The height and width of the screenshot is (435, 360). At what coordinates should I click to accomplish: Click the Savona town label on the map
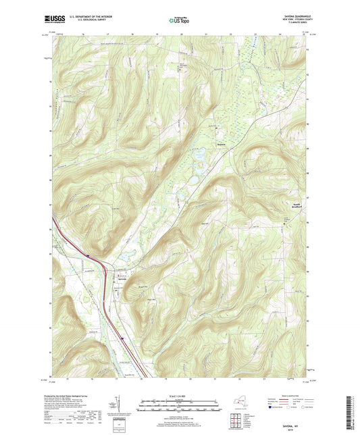(122, 278)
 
